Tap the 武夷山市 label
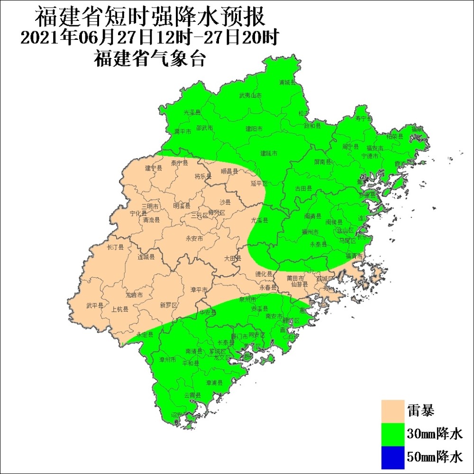coord(250,95)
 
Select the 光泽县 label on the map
coord(192,113)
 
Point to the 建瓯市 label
coord(269,153)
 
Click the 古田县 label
coord(303,188)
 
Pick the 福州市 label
coord(310,232)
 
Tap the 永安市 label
coord(194,238)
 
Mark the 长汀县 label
coord(115,247)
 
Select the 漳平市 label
coord(199,290)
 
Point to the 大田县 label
coord(233,258)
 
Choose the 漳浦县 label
coord(214,382)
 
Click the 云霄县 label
coord(192,395)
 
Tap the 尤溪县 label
coord(259,220)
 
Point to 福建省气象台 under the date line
coord(149,59)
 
